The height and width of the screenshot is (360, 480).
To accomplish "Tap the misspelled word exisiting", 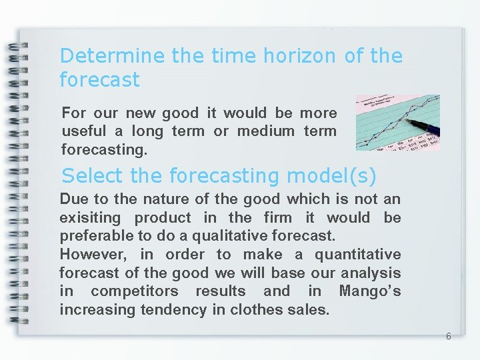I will coord(90,217).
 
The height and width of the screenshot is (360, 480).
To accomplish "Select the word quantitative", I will coord(357,255).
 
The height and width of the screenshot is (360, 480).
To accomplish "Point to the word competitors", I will coord(135,291).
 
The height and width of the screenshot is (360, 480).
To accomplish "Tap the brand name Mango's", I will coord(370,291).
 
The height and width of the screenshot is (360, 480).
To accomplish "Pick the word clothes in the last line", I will coord(255,310).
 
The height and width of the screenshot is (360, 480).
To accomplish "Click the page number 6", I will coord(448,337).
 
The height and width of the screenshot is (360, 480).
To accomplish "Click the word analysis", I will coord(371,273).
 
